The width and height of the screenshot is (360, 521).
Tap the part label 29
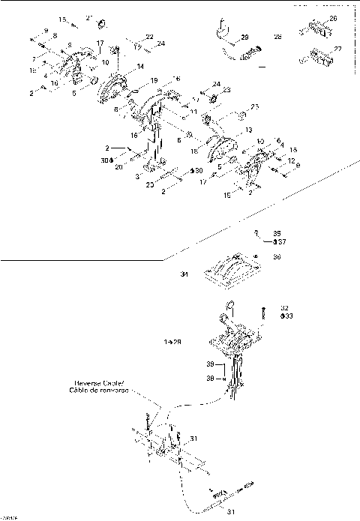(244, 37)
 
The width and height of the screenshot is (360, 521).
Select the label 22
(149, 37)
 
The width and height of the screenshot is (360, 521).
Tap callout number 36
(277, 257)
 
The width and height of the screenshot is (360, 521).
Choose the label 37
(279, 241)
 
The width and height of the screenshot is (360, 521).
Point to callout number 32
(284, 307)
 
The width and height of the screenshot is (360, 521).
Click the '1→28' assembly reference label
(173, 341)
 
